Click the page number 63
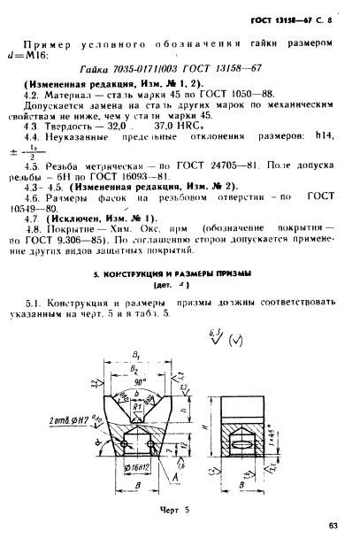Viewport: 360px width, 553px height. [333, 526]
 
